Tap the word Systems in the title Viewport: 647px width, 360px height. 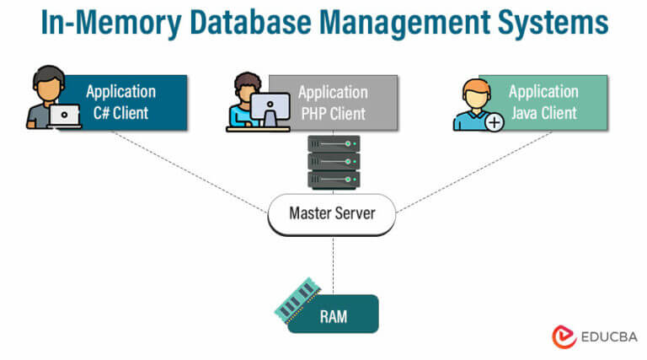[553, 22]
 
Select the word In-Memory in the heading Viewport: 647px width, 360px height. [111, 23]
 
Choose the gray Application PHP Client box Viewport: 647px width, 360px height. [333, 102]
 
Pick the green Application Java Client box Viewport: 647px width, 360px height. [543, 102]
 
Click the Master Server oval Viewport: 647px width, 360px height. [332, 214]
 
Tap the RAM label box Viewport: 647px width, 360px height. [333, 314]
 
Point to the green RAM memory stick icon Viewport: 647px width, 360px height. [298, 299]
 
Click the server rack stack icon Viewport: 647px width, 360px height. [334, 162]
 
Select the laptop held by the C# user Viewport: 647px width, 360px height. [64, 116]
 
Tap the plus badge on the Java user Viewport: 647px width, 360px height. [494, 122]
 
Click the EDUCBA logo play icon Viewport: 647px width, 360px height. [564, 337]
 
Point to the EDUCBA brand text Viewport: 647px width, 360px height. [608, 337]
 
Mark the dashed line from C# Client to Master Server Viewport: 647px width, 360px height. [190, 172]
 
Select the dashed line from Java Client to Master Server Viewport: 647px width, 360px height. [473, 172]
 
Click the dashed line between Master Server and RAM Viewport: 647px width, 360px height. [333, 265]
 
